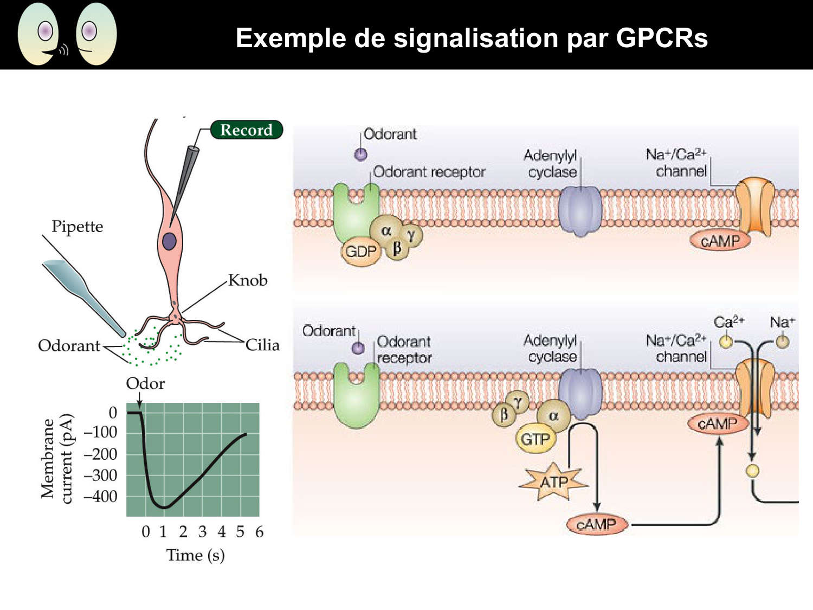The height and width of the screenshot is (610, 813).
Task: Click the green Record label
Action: point(247,130)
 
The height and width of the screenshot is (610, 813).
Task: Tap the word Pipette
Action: point(77,227)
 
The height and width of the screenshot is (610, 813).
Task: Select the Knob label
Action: point(248,280)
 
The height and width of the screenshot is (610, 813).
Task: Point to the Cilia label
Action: point(262,345)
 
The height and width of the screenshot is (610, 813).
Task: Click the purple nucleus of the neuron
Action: point(169,241)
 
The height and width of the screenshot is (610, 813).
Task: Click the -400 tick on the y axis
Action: point(101,497)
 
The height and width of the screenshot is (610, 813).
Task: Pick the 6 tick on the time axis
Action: point(259,532)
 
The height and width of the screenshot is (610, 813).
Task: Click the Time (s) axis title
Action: point(195,555)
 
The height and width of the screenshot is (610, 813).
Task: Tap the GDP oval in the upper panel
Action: point(361,252)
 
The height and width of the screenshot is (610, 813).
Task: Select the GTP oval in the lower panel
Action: point(535,439)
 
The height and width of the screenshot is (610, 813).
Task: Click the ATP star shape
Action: point(553,481)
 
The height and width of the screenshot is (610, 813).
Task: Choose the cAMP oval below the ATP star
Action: point(596,524)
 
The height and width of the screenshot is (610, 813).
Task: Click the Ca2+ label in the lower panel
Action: point(728,322)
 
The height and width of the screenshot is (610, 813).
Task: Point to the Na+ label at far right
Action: point(782,322)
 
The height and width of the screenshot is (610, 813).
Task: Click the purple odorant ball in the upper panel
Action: point(360,155)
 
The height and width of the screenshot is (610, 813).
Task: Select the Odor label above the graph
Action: point(145,384)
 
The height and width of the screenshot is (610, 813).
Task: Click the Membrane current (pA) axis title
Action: point(56,459)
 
